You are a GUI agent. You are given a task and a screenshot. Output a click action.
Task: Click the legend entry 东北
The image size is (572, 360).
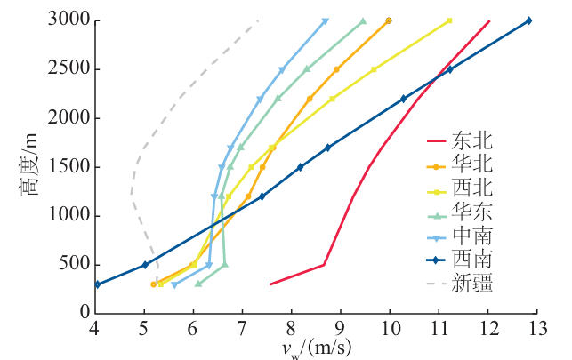click(472, 140)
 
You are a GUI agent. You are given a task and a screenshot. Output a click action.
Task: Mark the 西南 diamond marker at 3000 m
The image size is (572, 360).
click(528, 20)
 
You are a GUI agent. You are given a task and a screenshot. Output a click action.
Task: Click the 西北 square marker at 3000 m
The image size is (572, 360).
click(449, 20)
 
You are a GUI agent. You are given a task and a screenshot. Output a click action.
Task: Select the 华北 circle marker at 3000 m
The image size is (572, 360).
click(388, 20)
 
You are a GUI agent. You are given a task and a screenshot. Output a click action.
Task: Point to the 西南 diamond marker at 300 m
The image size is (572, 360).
click(96, 284)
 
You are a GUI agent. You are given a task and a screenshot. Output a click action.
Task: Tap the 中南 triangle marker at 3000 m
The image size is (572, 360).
click(325, 20)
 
